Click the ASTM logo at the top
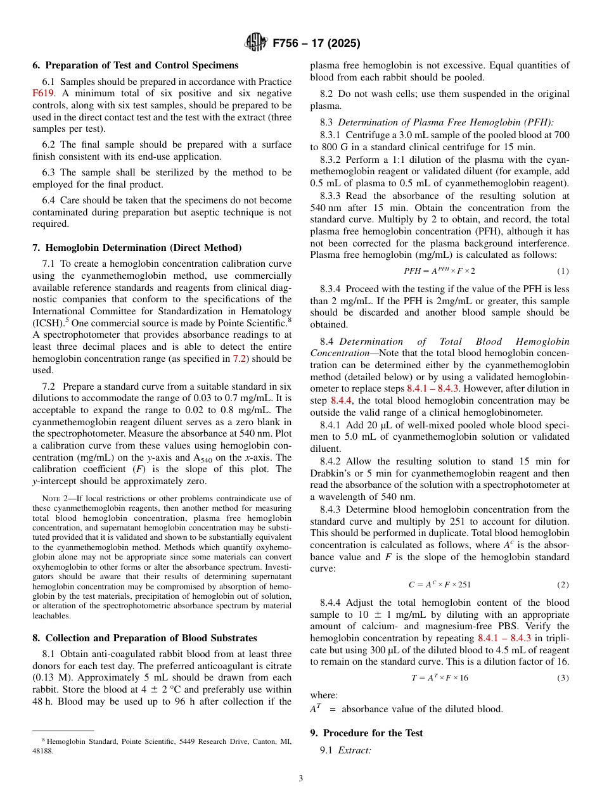[255, 43]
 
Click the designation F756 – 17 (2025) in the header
[316, 44]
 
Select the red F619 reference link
[43, 93]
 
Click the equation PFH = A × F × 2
[439, 271]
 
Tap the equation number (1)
[563, 271]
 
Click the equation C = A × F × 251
[439, 585]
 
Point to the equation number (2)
[563, 585]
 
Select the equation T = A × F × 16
[439, 677]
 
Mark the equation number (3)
[563, 677]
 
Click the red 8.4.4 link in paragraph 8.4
[342, 400]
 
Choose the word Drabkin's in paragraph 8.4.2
[331, 473]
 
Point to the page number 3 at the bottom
[300, 779]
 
